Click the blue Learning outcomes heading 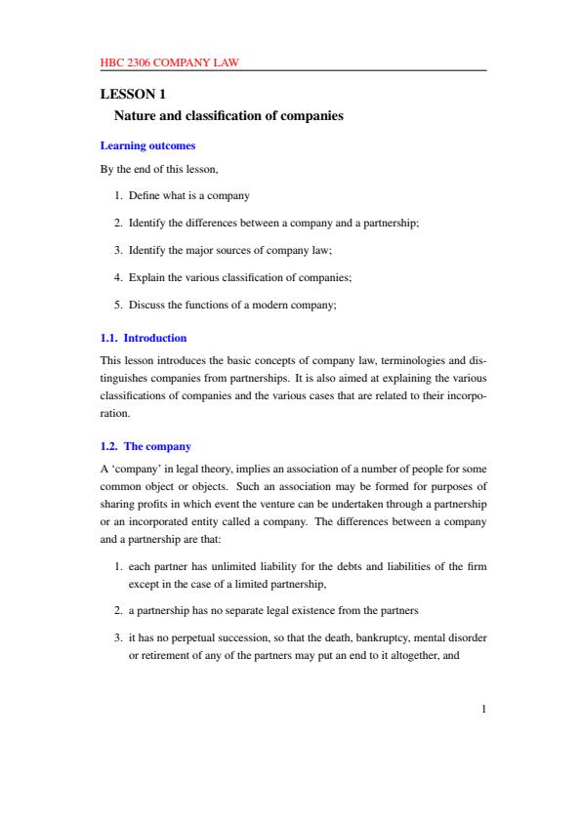coord(148,146)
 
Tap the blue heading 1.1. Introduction coord(144,338)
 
